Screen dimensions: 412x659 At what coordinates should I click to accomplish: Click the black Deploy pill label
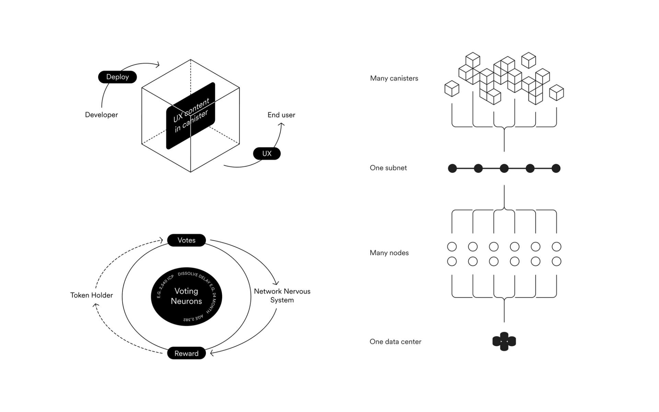click(x=117, y=77)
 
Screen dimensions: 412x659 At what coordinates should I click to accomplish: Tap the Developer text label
click(x=101, y=115)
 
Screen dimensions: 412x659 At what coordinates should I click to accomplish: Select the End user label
click(x=281, y=115)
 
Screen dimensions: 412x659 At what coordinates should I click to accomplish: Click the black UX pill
click(x=267, y=153)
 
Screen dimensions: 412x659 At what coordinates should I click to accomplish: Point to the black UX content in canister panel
click(x=191, y=116)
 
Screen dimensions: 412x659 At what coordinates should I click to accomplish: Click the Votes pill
click(x=186, y=240)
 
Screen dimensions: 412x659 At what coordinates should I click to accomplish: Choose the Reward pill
click(x=186, y=353)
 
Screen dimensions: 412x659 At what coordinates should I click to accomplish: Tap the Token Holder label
click(x=91, y=295)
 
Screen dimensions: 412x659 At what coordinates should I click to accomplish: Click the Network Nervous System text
click(x=282, y=296)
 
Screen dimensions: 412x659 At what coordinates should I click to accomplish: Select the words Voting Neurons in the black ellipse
click(x=186, y=296)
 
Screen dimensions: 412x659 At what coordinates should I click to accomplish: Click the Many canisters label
click(x=394, y=78)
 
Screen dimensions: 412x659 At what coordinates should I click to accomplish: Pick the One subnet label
click(x=388, y=168)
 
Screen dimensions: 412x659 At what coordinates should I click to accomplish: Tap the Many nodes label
click(x=389, y=253)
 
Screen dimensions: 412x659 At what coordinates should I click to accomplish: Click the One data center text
click(x=395, y=342)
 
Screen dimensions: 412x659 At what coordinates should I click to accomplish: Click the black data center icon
click(x=504, y=341)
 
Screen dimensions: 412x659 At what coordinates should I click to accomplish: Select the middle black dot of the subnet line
click(x=504, y=168)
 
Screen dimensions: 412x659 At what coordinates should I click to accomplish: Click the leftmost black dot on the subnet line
click(x=452, y=168)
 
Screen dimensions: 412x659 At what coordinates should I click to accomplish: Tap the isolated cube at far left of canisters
click(x=452, y=89)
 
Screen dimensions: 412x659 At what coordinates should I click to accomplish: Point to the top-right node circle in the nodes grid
click(x=556, y=247)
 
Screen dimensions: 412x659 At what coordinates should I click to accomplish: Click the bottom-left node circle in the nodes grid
click(x=452, y=261)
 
